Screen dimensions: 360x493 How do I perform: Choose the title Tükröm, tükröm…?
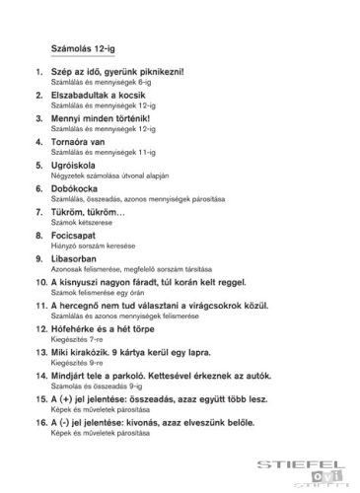(88, 211)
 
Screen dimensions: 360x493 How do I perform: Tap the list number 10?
(38, 281)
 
